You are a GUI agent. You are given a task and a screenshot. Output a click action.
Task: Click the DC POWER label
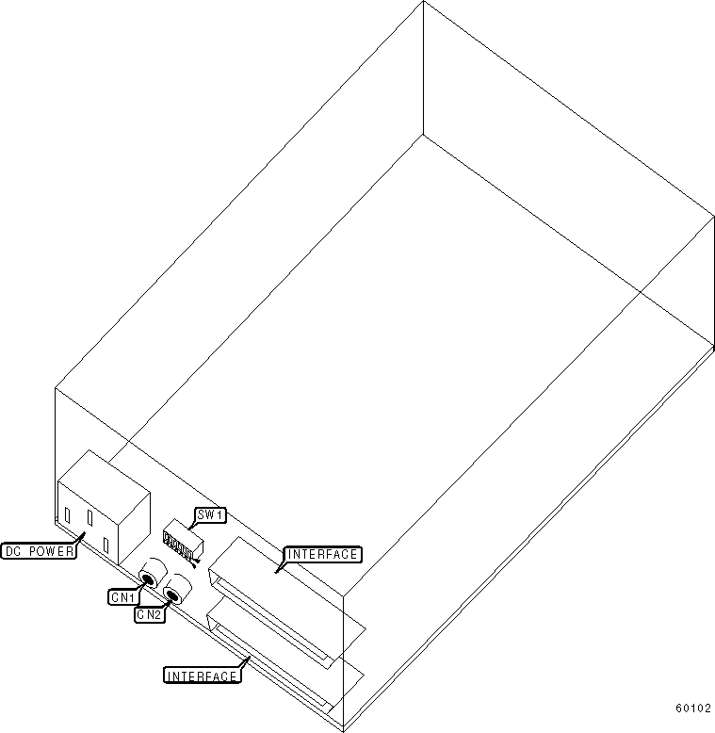[x=39, y=552]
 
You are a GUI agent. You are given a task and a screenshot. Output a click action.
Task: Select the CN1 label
[x=122, y=596]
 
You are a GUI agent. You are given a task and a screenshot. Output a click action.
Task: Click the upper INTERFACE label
[x=323, y=554]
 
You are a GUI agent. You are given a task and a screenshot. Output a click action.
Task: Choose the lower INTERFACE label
[x=201, y=676]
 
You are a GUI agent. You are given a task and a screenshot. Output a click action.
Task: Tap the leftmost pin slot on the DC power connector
[x=67, y=515]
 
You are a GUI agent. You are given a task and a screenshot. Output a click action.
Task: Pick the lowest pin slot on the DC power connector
[x=106, y=544]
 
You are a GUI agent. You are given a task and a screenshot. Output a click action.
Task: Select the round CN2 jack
[x=173, y=594]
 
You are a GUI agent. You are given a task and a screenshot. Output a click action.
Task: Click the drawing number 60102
[x=692, y=709]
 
